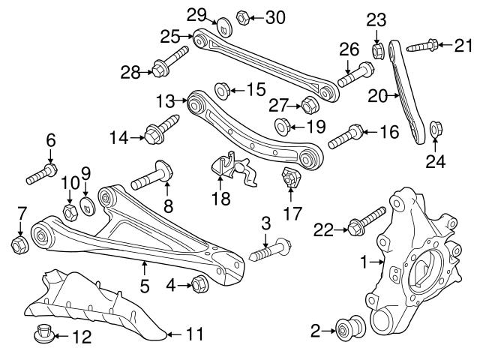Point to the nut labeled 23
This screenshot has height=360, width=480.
[x=379, y=52]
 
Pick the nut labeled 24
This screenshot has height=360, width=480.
[x=437, y=131]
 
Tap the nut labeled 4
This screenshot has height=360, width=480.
[x=200, y=283]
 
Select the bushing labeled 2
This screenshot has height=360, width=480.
[x=347, y=329]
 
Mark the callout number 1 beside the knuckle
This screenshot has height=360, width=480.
[x=365, y=262]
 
